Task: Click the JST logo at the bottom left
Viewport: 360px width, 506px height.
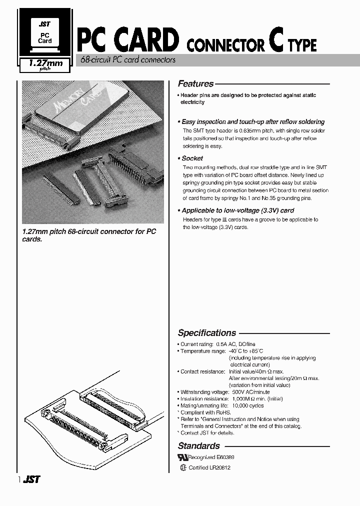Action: [32, 479]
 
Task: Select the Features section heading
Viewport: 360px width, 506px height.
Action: [195, 84]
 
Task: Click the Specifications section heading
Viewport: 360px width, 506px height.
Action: [207, 333]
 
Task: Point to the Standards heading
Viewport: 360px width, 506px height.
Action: [198, 446]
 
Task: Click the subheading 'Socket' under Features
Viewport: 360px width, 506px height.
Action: [192, 158]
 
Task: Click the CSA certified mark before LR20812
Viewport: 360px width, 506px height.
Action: [183, 468]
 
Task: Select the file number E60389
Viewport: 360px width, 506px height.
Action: [225, 457]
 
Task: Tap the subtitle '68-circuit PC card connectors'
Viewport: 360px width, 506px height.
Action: [128, 60]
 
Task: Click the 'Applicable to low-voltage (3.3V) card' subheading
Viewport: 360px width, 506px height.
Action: [237, 210]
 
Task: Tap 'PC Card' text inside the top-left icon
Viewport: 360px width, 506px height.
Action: [45, 37]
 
